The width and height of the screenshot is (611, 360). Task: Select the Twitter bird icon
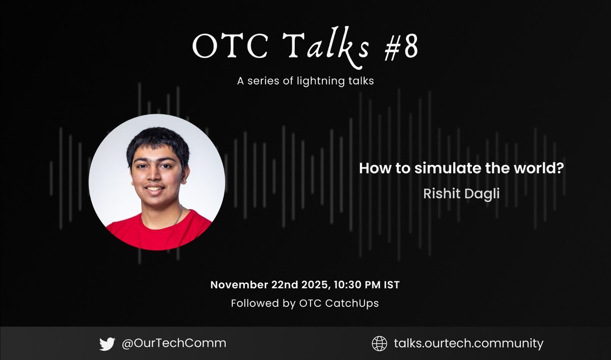107,344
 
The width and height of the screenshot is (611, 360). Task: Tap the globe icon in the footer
378,344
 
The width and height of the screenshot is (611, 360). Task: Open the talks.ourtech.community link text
468,344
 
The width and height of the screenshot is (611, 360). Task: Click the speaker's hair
158,140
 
